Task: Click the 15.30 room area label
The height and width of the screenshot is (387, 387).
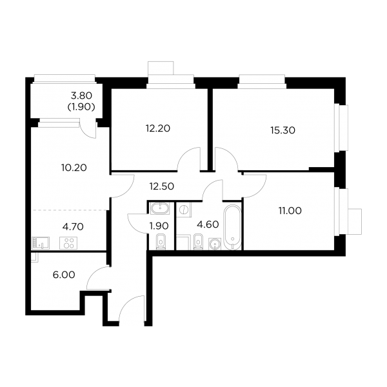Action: [x=283, y=130]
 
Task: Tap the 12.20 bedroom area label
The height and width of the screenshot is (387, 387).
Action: [x=158, y=128]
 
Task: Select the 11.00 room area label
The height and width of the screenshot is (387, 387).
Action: [x=290, y=211]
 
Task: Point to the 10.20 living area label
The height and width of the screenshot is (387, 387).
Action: [x=74, y=168]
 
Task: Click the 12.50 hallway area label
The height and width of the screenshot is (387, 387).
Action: [x=162, y=186]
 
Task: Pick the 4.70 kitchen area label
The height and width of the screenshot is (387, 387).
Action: [x=73, y=226]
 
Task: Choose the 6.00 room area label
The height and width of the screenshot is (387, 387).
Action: [x=64, y=275]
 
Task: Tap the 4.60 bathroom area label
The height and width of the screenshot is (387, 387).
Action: [x=208, y=224]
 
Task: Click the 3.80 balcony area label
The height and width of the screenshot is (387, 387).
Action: [x=81, y=95]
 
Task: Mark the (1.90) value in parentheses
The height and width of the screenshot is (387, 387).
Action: [x=81, y=107]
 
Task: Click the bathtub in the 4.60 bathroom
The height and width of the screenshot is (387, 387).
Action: [x=232, y=227]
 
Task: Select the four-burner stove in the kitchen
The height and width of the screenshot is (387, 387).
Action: [x=68, y=243]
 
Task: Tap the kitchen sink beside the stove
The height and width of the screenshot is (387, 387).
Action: [x=41, y=243]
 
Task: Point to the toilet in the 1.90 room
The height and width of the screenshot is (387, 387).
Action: [x=161, y=242]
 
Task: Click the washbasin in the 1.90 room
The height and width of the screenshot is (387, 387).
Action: [x=160, y=209]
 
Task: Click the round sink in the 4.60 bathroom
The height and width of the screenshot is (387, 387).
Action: [x=215, y=244]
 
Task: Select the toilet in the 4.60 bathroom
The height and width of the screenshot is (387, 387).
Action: [x=198, y=242]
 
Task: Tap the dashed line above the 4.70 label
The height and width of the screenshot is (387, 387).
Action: [x=69, y=210]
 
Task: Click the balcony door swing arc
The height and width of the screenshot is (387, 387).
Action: [x=86, y=132]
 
